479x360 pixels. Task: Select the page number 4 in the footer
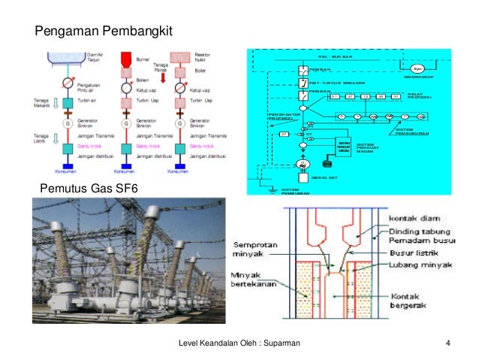(447, 343)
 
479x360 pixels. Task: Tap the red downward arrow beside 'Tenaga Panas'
(160, 77)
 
